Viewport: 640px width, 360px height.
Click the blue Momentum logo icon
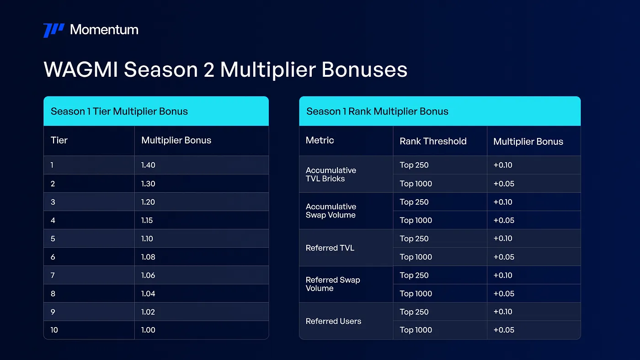pos(54,30)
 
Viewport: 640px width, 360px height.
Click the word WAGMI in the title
pos(80,69)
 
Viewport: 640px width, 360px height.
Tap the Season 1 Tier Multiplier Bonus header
pos(119,111)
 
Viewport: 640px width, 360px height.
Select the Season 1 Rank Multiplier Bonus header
pos(377,111)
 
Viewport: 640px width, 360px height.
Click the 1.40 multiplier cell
pos(148,165)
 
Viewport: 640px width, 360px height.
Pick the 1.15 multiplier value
pos(147,220)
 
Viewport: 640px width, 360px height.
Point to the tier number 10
pos(54,330)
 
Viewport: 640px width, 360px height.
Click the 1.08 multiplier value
pos(148,257)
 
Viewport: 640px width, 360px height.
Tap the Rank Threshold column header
pos(433,141)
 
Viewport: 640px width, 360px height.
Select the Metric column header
pos(320,140)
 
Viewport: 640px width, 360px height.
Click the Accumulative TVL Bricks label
pos(331,175)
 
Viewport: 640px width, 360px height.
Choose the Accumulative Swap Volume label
pos(331,211)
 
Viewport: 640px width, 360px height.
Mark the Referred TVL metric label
pos(330,248)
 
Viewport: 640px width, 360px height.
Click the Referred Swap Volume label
pos(333,284)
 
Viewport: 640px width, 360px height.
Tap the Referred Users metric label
pos(333,321)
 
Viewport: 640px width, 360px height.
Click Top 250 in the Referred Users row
pos(414,312)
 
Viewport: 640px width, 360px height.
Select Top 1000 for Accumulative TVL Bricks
pos(416,184)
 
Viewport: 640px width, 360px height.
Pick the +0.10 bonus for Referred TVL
pos(503,238)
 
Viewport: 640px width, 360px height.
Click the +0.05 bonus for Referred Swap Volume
pos(504,293)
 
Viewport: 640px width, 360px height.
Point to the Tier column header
pos(59,140)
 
